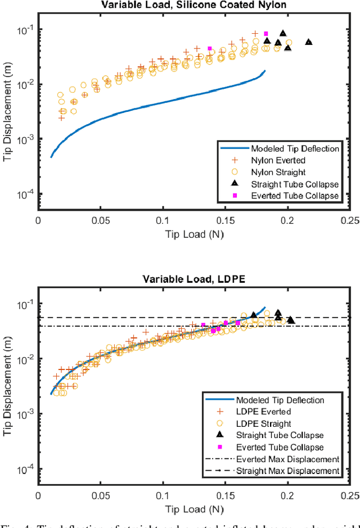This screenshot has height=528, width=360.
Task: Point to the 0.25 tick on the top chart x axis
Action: click(350, 221)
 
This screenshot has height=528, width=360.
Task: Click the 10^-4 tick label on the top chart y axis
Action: click(23, 193)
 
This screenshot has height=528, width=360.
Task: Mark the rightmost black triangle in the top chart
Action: click(308, 42)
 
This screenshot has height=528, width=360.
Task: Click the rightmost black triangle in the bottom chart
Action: click(291, 320)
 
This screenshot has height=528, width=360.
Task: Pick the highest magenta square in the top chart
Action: click(266, 34)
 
